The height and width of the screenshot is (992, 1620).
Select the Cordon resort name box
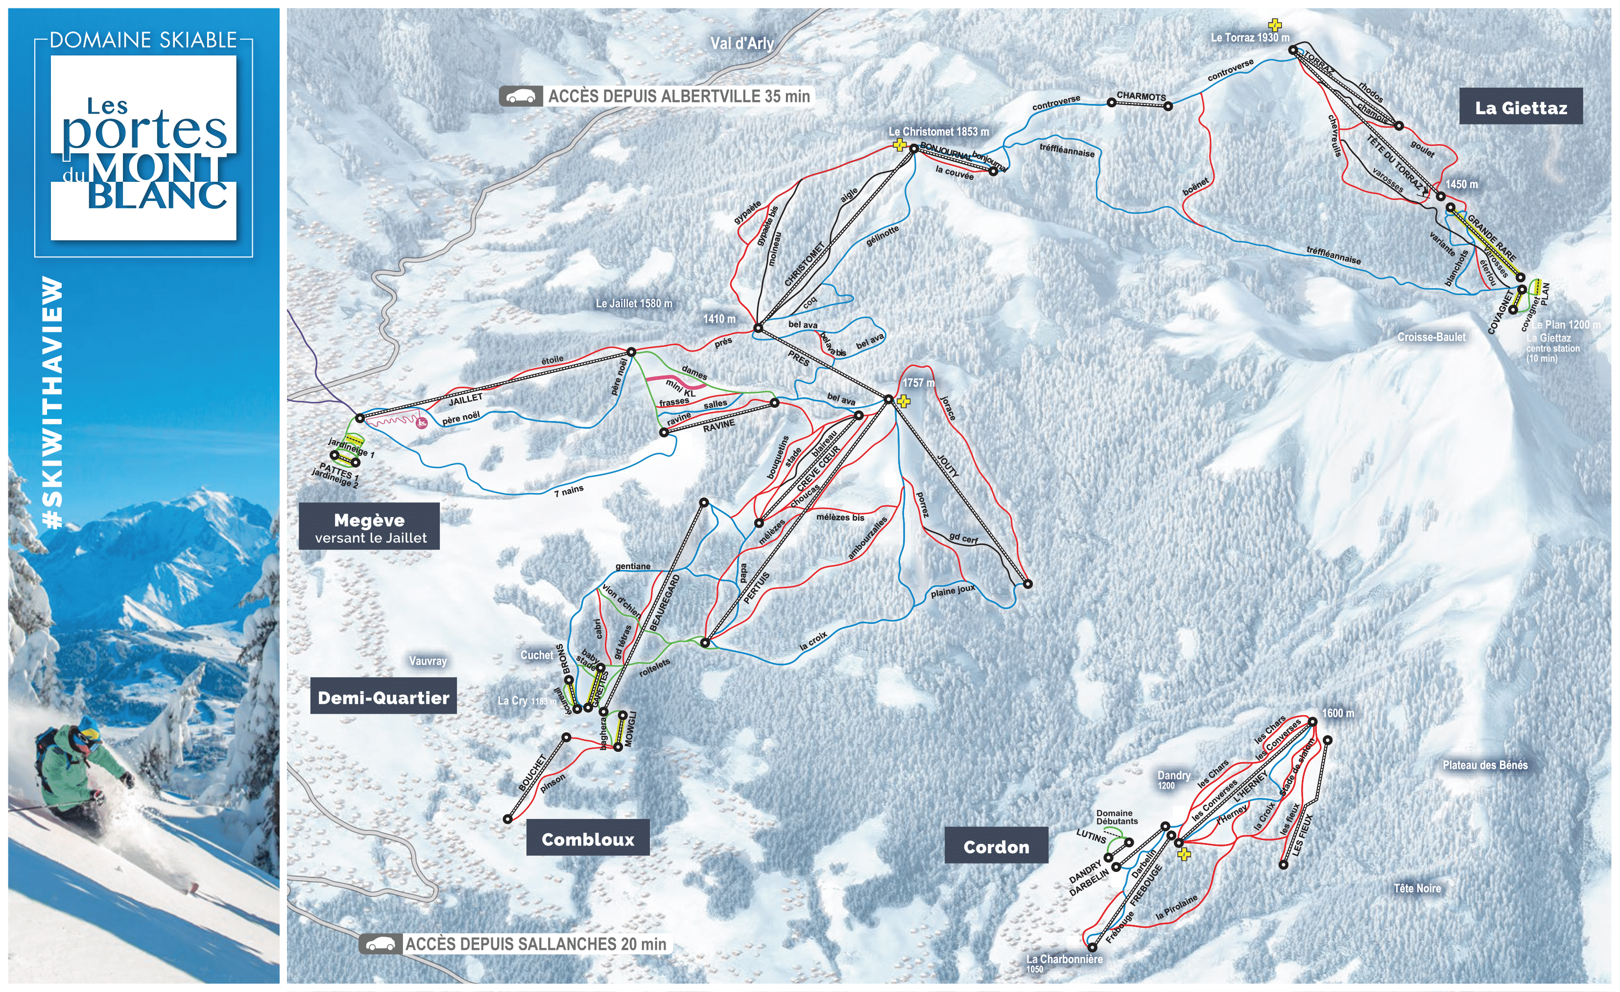(x=996, y=846)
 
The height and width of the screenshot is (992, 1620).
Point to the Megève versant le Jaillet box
(x=370, y=527)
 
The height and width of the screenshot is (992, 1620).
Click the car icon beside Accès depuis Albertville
(x=521, y=97)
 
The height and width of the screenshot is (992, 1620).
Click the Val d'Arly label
(x=741, y=44)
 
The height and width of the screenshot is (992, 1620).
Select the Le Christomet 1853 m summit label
(x=938, y=131)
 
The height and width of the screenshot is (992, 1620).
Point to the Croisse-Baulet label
(x=1431, y=337)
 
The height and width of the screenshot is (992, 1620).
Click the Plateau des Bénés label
(x=1484, y=765)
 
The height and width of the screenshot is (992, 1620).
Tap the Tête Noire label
(x=1417, y=888)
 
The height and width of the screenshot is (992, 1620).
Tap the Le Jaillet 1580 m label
(x=634, y=303)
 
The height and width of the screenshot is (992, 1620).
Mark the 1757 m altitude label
(x=918, y=382)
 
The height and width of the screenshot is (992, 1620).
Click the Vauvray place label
(x=428, y=661)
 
